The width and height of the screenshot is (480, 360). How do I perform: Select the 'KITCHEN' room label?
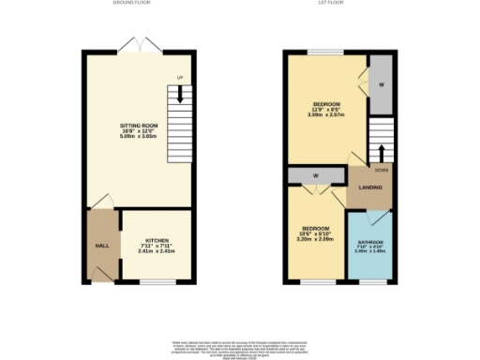[x=157, y=240]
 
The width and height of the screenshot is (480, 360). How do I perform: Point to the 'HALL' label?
[x=100, y=245]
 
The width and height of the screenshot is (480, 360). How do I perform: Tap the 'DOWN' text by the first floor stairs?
[x=381, y=170]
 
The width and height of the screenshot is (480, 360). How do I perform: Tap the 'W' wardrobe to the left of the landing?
[x=317, y=174]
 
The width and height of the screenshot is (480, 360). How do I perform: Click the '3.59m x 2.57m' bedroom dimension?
[x=326, y=115]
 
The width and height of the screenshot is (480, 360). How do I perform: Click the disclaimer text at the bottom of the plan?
[x=240, y=347]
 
